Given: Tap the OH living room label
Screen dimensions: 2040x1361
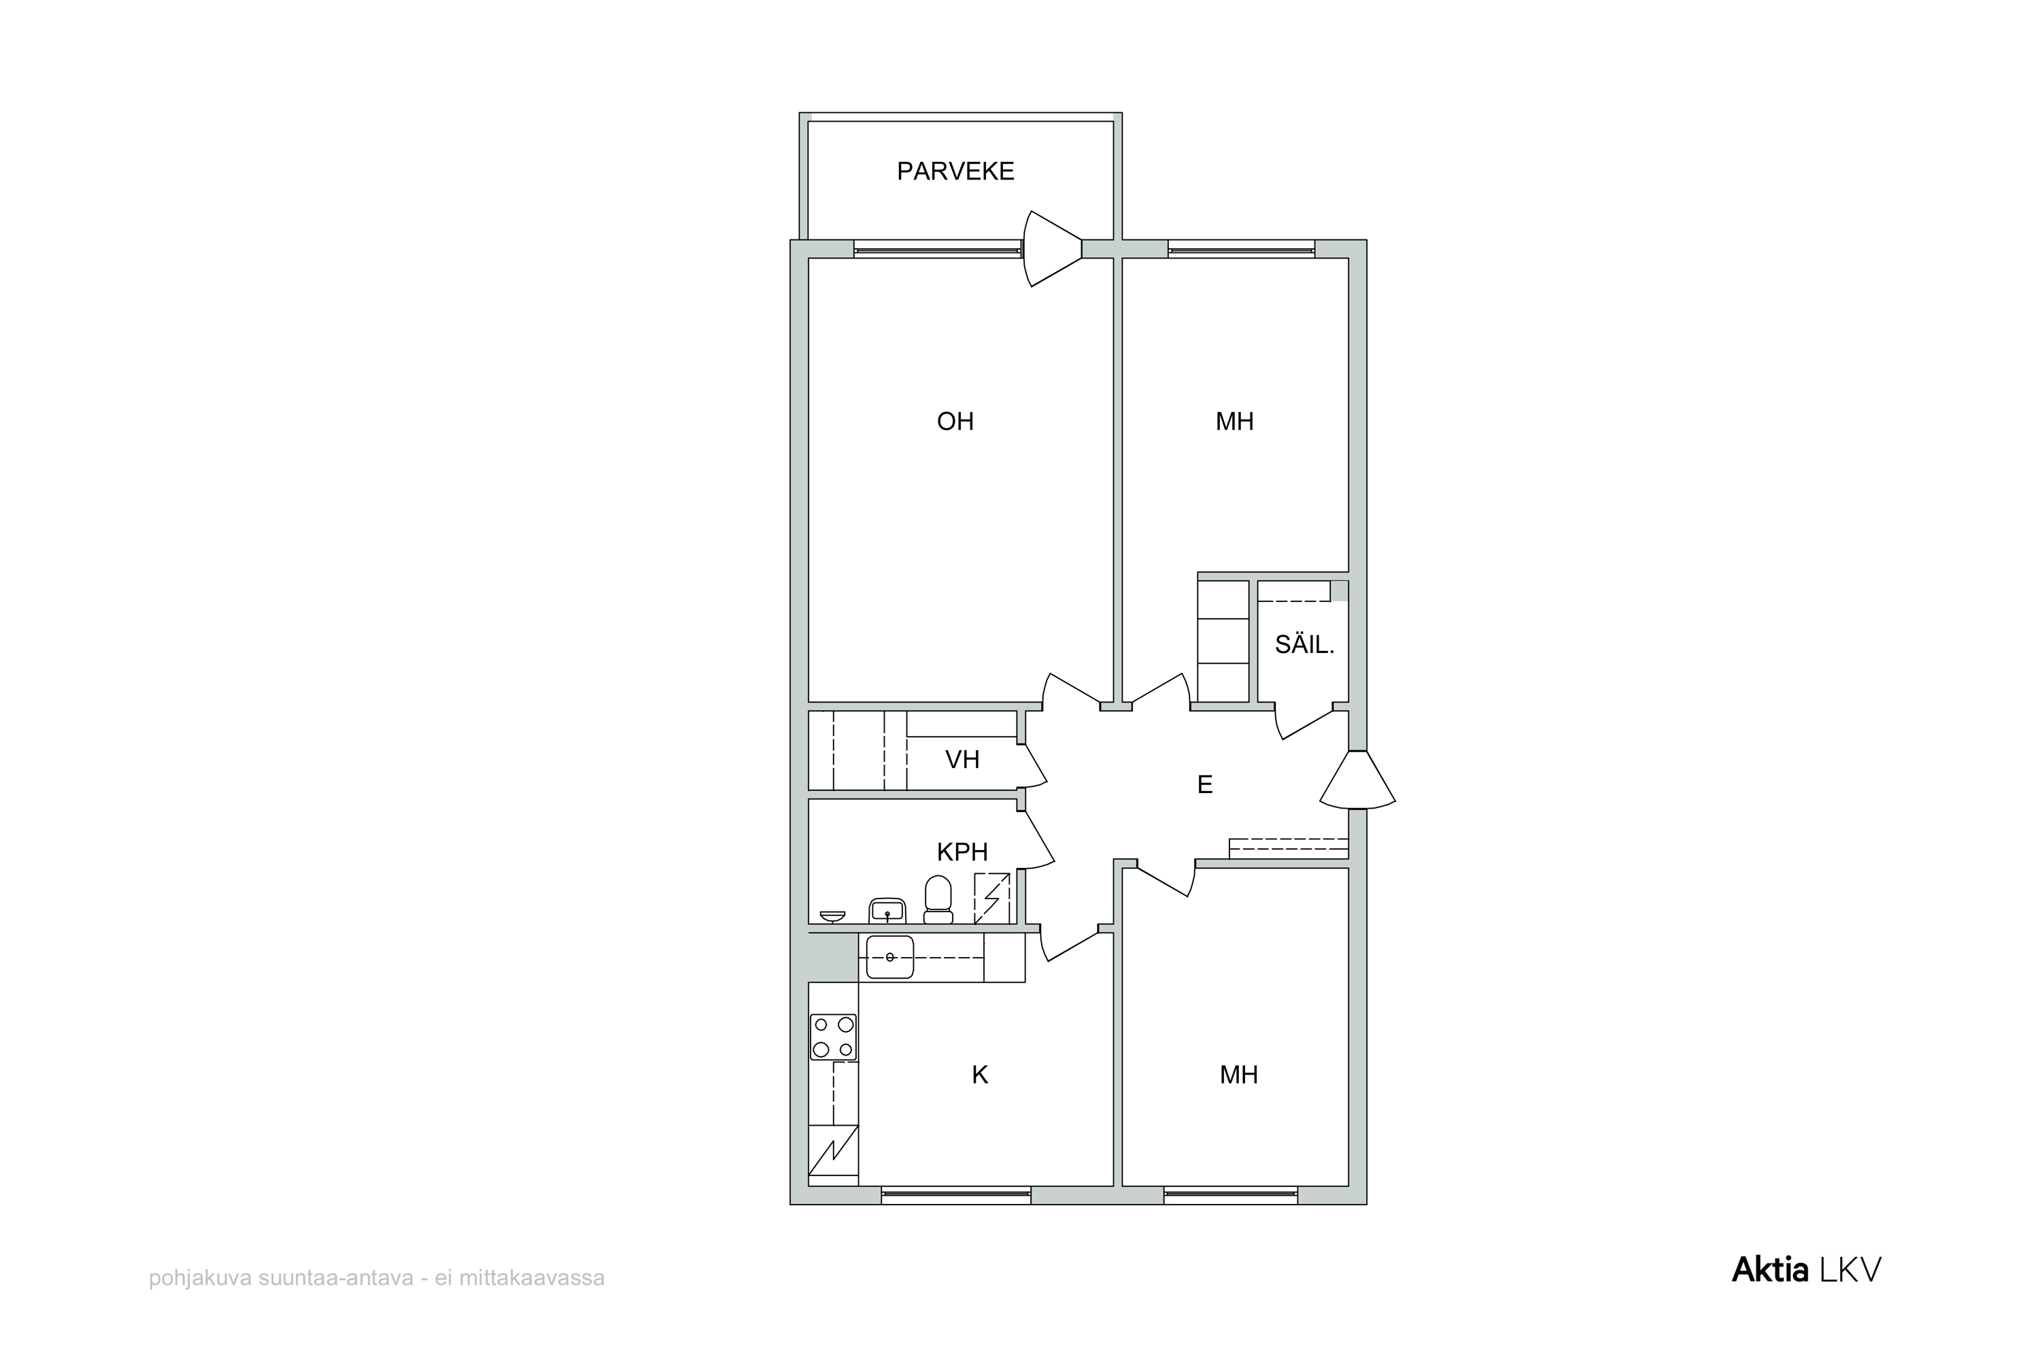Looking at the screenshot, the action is tap(955, 422).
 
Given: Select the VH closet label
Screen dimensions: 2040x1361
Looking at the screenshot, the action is tap(962, 760).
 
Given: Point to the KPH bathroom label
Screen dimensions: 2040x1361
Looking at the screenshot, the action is tap(962, 852).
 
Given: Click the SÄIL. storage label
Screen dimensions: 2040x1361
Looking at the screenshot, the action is tap(1304, 644).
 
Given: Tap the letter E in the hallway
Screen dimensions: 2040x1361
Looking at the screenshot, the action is tap(1204, 785).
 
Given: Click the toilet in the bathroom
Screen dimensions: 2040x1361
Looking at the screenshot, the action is tap(937, 899).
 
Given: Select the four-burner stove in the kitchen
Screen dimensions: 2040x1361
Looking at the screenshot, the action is tap(833, 1037).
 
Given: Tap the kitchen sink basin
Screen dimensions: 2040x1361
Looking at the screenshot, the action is tap(889, 958).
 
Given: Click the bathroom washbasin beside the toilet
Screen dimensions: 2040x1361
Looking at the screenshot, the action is tap(887, 911).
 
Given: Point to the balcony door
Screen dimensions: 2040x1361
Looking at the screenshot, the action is tap(1052, 249).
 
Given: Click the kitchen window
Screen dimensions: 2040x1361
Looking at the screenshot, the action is tap(955, 1194).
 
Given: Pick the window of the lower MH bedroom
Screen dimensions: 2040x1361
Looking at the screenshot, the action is tap(1229, 1194).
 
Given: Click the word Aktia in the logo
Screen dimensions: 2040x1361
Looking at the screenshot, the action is tap(1770, 1270).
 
